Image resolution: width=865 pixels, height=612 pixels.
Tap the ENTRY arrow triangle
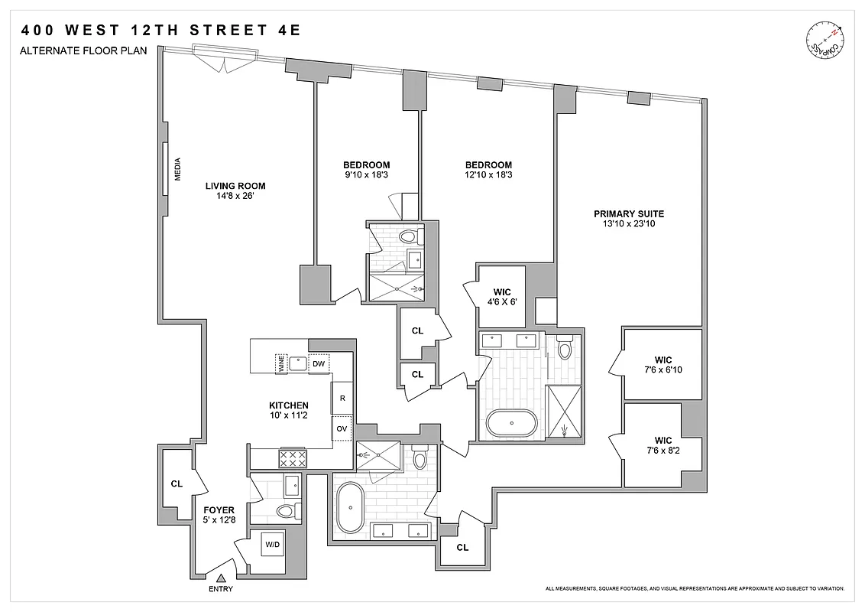click(x=221, y=578)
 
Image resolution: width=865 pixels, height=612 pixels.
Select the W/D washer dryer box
click(x=272, y=545)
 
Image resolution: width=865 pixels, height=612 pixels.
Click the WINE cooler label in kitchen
click(x=281, y=364)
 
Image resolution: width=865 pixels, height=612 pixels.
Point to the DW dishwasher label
click(x=318, y=364)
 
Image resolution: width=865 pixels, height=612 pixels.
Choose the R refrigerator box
click(x=342, y=399)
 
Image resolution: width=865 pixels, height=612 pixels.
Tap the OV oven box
click(x=342, y=428)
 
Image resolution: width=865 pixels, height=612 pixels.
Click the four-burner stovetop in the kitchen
click(x=293, y=457)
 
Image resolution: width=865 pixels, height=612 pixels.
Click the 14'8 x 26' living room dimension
click(x=235, y=196)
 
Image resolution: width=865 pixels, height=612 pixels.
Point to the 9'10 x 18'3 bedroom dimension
click(x=366, y=175)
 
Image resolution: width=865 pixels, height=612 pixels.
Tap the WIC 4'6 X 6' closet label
click(x=501, y=297)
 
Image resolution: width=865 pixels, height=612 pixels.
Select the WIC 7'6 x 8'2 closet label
click(x=663, y=446)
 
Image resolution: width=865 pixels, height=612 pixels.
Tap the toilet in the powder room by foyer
click(x=285, y=511)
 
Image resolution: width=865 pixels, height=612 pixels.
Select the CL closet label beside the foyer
click(x=177, y=483)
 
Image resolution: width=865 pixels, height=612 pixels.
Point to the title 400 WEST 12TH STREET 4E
click(x=161, y=31)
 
